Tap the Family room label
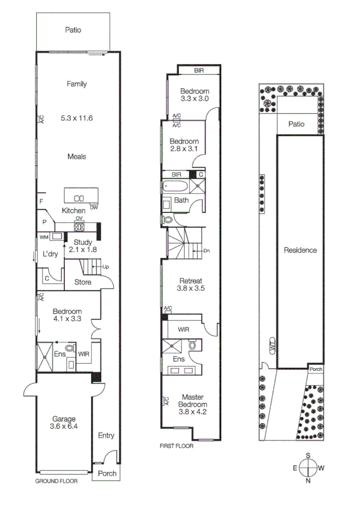(x=76, y=84)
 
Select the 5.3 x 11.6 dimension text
(x=76, y=118)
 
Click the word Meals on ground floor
(x=76, y=156)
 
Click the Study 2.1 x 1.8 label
(x=82, y=245)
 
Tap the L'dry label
(x=50, y=254)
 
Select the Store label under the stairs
(x=82, y=281)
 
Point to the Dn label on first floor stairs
(x=206, y=251)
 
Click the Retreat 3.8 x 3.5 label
(x=191, y=284)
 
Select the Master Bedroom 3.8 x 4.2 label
(x=192, y=404)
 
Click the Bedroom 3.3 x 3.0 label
(x=194, y=94)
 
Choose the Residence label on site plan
(x=300, y=250)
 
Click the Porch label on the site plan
(x=316, y=369)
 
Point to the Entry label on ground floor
(x=106, y=436)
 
